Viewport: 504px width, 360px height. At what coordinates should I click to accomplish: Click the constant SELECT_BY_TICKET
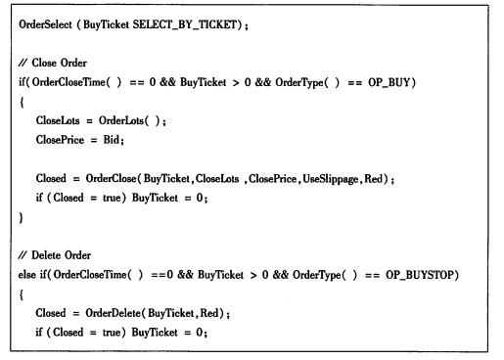(x=185, y=24)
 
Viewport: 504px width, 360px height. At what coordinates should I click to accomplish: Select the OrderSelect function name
(x=45, y=24)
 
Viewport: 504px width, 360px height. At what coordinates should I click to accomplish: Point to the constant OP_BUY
(x=389, y=82)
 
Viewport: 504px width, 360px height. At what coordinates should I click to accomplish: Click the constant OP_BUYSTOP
(x=420, y=275)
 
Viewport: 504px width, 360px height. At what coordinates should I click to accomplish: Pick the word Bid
(x=112, y=140)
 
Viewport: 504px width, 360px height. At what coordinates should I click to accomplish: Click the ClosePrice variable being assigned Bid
(x=60, y=140)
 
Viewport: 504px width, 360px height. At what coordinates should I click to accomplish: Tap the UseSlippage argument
(x=331, y=179)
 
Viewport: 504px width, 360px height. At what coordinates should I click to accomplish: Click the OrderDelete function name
(x=113, y=313)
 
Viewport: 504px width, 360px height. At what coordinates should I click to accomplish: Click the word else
(x=27, y=275)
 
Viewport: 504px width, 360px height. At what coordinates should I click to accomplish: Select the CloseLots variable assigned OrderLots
(x=58, y=120)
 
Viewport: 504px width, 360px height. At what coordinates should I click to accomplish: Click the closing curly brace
(x=22, y=217)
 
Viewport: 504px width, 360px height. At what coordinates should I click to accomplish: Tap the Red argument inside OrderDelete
(x=209, y=313)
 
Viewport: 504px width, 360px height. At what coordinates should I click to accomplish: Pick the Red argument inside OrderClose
(x=373, y=179)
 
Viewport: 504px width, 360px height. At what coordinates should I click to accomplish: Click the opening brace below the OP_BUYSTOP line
(x=22, y=295)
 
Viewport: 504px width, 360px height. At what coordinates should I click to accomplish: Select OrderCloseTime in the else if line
(x=90, y=275)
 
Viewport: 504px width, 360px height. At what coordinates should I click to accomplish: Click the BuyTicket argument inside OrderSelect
(x=106, y=24)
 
